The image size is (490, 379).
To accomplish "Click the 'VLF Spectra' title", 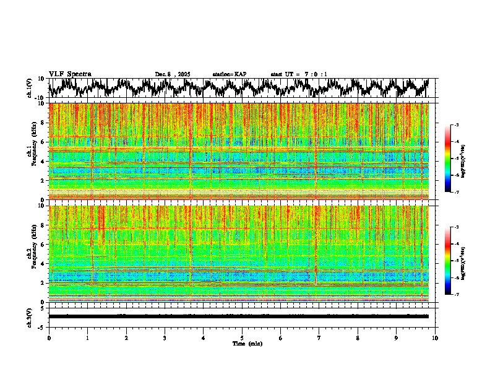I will click(x=70, y=74).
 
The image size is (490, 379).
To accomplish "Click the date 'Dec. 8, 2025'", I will click(x=173, y=74).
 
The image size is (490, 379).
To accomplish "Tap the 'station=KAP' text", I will click(x=229, y=74).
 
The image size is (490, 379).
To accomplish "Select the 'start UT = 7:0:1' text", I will click(x=299, y=74).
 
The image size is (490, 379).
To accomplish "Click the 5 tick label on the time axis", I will click(x=242, y=338).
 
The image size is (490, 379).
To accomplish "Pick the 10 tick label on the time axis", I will click(x=435, y=338).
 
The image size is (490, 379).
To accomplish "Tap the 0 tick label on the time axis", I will click(x=49, y=338).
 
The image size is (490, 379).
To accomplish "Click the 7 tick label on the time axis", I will click(x=319, y=338).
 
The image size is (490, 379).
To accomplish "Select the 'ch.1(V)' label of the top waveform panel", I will click(x=30, y=88).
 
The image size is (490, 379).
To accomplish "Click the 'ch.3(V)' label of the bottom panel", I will click(x=30, y=316).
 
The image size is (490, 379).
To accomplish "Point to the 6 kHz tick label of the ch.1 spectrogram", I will click(x=43, y=142).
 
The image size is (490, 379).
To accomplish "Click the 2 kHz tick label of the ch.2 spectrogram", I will click(x=43, y=282).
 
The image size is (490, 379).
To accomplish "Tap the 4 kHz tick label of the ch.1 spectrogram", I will click(x=43, y=161).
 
